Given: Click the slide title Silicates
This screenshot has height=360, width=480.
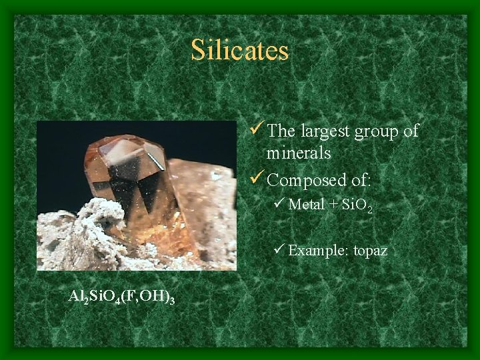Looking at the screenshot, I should click(239, 51).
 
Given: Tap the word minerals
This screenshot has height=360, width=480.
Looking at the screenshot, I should click(299, 153).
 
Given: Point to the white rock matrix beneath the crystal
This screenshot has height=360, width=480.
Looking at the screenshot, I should click(87, 233).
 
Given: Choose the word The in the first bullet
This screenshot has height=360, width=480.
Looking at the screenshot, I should click(281, 131).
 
